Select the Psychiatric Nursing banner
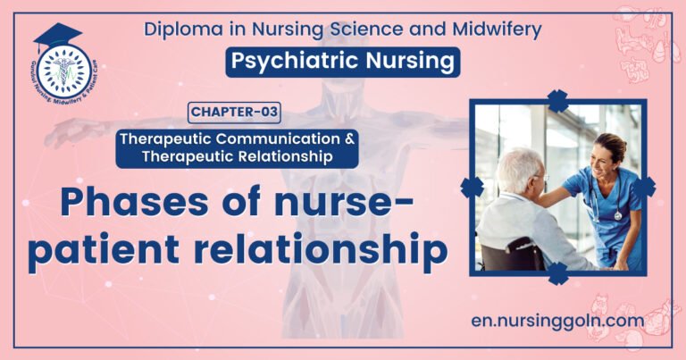[x=343, y=62]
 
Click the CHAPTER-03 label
[x=234, y=113]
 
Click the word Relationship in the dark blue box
[x=289, y=156]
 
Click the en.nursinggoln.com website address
[x=559, y=319]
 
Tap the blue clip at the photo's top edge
[x=558, y=101]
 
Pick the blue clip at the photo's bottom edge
[x=558, y=272]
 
